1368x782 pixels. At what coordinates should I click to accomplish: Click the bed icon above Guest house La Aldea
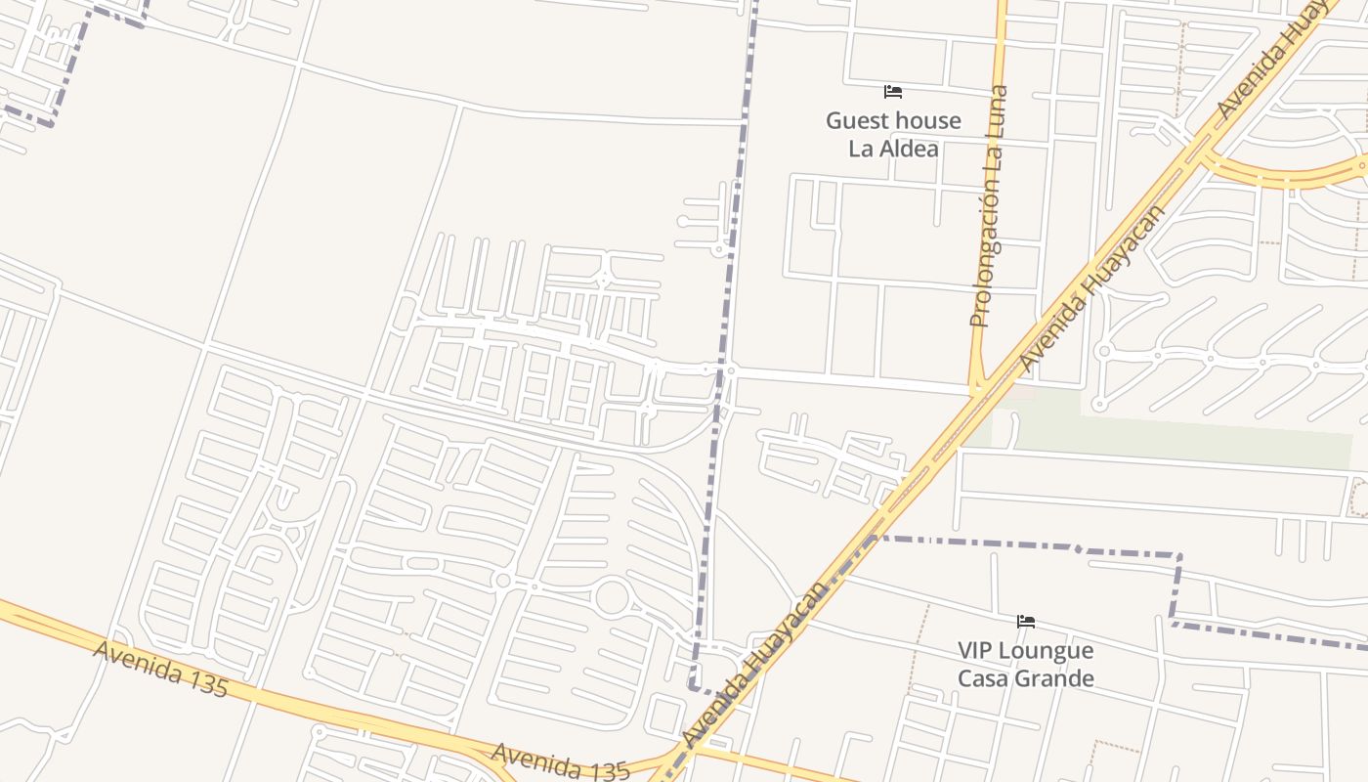892,92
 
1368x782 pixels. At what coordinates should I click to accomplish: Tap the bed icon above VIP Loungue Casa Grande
1025,622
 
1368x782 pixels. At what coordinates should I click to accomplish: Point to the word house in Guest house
930,121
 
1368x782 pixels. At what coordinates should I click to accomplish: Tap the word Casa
983,678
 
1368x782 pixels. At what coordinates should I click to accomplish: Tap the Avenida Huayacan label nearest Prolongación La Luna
1091,288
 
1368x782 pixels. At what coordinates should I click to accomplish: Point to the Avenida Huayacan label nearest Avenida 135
754,665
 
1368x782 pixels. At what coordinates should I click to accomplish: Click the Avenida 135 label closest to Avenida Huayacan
560,762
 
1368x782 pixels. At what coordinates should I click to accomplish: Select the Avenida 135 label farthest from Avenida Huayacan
160,669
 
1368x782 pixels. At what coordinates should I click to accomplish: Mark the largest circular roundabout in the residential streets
612,596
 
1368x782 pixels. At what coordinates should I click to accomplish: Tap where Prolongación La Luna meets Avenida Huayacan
978,389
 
